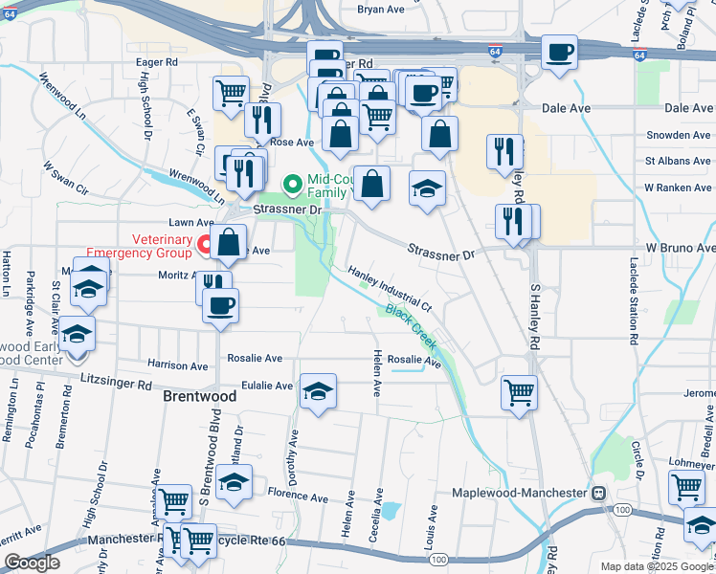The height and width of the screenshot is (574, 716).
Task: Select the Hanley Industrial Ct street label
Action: [x=391, y=289]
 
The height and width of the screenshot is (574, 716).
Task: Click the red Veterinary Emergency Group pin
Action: [x=204, y=246]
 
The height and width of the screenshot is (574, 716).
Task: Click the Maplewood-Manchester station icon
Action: [x=598, y=493]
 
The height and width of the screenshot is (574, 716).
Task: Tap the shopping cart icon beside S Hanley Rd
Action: [x=519, y=391]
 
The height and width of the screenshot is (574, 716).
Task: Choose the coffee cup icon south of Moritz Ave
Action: [x=220, y=305]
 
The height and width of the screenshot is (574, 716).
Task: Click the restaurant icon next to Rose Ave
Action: [x=261, y=120]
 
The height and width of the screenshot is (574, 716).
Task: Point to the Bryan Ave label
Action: [x=381, y=10]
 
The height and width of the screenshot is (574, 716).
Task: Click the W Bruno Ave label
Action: [x=680, y=247]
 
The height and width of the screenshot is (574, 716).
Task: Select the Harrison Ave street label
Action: [x=177, y=365]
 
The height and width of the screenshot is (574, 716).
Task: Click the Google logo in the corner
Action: [x=32, y=563]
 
